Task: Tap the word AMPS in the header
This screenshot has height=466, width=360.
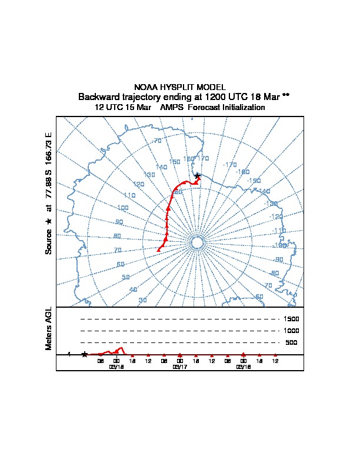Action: point(172,108)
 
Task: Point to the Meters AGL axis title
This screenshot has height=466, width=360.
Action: point(49,329)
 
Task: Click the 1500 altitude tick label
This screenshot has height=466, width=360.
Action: point(292,319)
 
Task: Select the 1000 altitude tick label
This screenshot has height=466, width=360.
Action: point(292,331)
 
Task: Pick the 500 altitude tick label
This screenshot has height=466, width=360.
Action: point(291,342)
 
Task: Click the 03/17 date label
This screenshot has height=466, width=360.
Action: point(179,367)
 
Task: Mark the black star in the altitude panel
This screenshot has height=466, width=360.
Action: point(85,354)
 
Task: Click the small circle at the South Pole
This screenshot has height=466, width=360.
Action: point(197,243)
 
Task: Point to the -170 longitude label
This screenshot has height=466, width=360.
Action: point(230,165)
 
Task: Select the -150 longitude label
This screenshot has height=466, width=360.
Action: point(254,181)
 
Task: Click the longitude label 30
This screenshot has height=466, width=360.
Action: point(142,301)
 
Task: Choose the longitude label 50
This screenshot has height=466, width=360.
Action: point(125,277)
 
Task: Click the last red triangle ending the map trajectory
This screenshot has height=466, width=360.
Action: point(158,249)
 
